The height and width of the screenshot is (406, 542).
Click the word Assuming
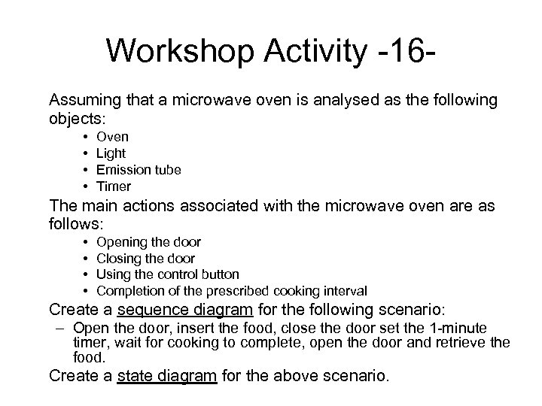click(84, 100)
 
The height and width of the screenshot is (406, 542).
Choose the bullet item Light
click(111, 153)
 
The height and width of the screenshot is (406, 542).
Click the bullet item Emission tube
click(139, 170)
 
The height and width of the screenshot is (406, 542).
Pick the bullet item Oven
click(113, 137)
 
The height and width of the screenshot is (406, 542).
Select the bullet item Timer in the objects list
click(114, 186)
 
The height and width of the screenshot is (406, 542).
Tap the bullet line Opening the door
click(149, 242)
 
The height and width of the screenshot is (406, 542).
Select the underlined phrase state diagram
click(167, 376)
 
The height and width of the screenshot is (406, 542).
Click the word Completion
click(129, 290)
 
